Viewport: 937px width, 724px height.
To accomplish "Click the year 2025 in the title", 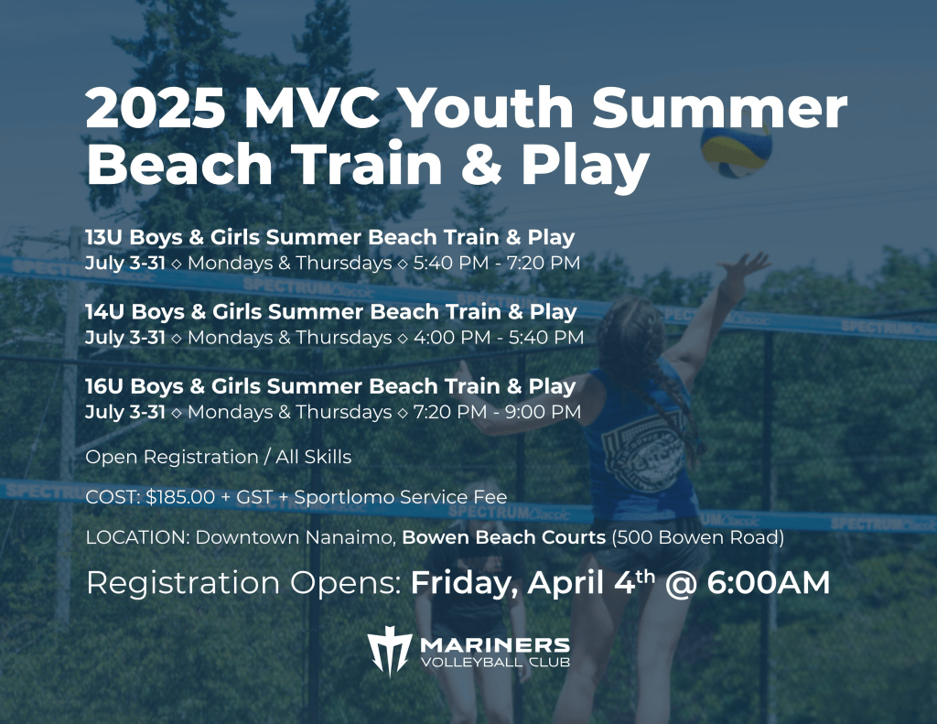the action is (156, 108).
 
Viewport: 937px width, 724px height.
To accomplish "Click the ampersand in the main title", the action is (481, 163).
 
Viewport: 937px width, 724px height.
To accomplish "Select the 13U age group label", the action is (104, 237).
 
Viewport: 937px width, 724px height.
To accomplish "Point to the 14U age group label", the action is (105, 312).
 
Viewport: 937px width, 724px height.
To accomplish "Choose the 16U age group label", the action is (104, 387).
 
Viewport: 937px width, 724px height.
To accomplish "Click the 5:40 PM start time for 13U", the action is (450, 263).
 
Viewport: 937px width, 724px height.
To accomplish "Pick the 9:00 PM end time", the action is (543, 413).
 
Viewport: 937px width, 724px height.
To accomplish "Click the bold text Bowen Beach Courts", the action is (504, 537).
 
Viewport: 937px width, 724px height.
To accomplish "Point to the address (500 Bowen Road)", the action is (697, 537).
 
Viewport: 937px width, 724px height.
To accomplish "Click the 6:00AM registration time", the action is (769, 583).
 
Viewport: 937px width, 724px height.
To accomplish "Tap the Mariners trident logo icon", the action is (389, 651).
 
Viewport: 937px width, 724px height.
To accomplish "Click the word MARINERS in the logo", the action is (495, 645).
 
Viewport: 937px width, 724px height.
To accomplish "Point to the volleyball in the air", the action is (737, 149).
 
